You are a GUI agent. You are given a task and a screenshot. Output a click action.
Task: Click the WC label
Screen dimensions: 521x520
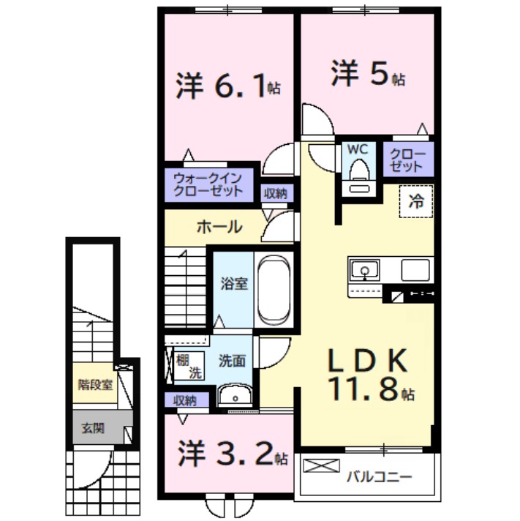coord(357,149)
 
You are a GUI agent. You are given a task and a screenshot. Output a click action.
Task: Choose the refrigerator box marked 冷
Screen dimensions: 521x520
coord(415,202)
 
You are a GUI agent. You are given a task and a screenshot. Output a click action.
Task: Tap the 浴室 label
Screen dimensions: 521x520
coord(234,283)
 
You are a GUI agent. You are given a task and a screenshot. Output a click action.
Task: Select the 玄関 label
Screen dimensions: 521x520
coord(93,427)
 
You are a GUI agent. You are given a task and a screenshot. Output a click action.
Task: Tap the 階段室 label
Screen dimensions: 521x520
coord(95,383)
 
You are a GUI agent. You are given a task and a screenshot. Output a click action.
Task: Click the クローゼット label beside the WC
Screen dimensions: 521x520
coord(406,160)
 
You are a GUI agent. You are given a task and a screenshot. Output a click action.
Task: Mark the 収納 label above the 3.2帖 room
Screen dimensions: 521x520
coord(185,400)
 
